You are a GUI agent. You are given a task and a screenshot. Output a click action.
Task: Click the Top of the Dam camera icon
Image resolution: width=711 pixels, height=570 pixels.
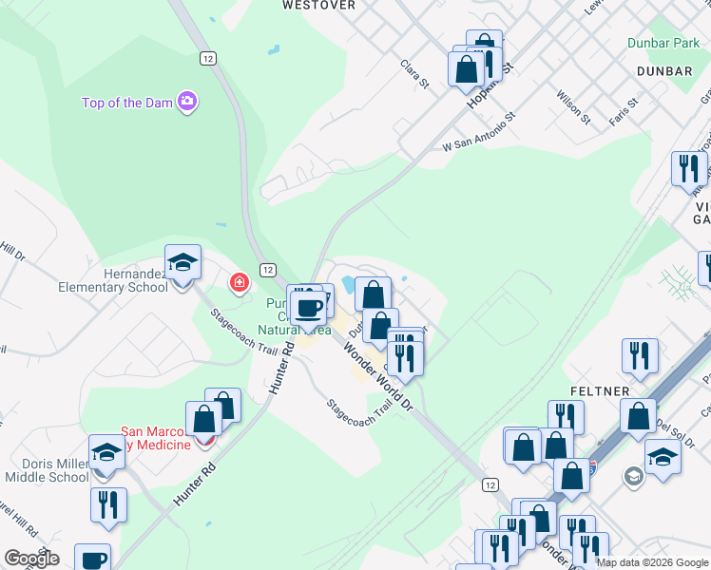click(188, 102)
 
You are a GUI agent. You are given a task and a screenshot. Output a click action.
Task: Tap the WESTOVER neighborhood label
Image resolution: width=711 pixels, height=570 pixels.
click(319, 5)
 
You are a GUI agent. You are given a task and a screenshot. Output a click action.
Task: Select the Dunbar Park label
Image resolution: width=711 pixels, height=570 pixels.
click(663, 43)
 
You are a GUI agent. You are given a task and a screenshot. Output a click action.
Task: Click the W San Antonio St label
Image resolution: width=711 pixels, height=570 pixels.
click(478, 132)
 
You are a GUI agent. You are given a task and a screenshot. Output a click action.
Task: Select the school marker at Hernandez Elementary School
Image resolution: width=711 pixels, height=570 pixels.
click(183, 263)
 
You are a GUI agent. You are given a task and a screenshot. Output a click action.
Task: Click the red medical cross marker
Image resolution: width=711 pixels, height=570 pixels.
click(240, 282)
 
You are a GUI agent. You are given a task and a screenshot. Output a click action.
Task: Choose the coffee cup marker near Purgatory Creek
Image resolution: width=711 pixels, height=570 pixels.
click(308, 309)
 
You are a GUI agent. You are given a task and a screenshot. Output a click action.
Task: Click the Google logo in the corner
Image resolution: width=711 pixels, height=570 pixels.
click(31, 559)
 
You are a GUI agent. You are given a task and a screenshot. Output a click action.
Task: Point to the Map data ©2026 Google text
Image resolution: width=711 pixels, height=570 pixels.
click(652, 562)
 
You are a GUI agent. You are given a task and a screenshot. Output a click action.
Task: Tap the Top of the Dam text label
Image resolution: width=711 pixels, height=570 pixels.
click(126, 103)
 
